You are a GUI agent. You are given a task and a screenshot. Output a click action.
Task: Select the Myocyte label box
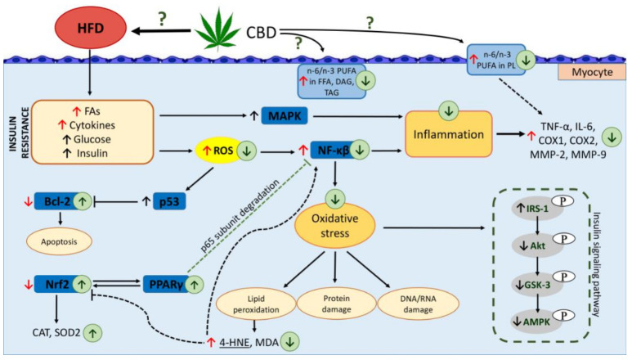(x=586, y=71)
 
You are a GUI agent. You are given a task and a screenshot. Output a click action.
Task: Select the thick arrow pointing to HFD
(x=155, y=30)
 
